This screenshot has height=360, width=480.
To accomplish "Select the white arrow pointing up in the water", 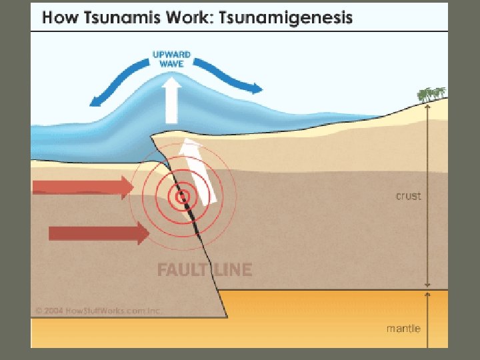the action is pyautogui.click(x=172, y=100).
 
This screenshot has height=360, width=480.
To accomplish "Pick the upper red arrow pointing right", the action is pyautogui.click(x=83, y=188).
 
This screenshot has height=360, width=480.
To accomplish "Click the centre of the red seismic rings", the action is pyautogui.click(x=181, y=196).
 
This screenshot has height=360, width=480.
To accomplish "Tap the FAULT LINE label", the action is pyautogui.click(x=204, y=270).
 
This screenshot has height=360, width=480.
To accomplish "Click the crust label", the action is pyautogui.click(x=408, y=196).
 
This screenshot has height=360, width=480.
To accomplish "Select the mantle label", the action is pyautogui.click(x=403, y=328).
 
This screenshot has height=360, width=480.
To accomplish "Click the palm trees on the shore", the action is pyautogui.click(x=431, y=95).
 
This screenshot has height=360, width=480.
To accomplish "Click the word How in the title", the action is pyautogui.click(x=57, y=18).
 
